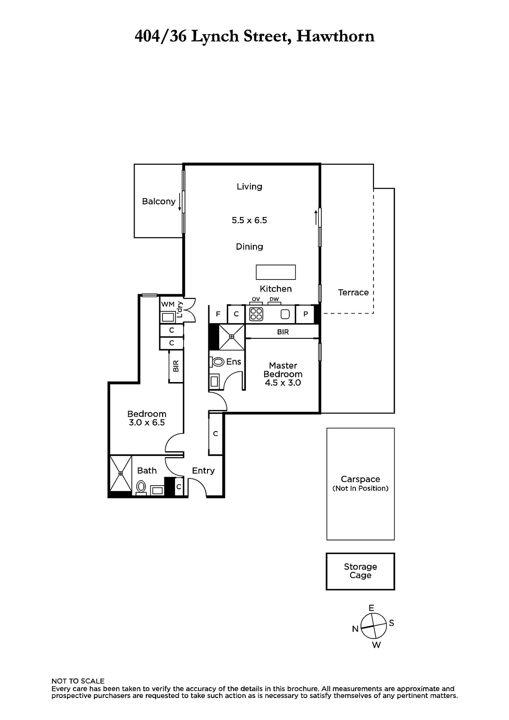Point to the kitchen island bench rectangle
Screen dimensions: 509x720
275,272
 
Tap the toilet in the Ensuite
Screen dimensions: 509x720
218,362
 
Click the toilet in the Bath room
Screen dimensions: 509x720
141,487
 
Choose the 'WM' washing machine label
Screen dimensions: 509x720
167,304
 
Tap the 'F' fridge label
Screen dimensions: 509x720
218,314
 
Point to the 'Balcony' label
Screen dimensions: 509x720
159,202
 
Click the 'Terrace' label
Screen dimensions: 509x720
353,292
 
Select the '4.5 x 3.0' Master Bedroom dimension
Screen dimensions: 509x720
283,383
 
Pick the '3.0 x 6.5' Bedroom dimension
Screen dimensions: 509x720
147,423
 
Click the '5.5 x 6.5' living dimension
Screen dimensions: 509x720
249,220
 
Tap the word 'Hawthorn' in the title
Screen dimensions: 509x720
335,36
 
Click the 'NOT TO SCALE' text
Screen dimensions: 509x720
78,681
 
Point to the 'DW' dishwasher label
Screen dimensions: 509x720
274,299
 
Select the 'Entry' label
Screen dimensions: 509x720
203,471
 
